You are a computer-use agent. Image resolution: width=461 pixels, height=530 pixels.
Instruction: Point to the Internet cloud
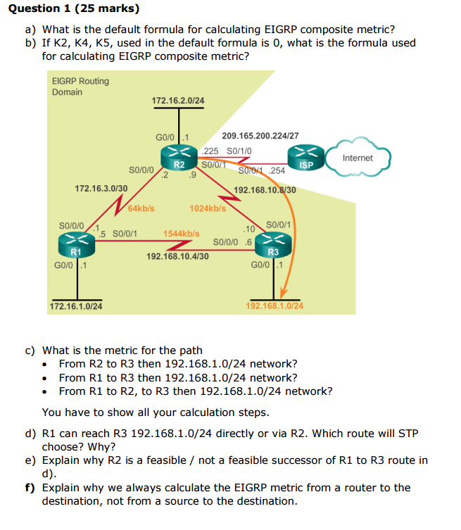(357, 158)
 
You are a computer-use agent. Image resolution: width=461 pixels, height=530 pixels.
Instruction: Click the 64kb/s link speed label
(141, 208)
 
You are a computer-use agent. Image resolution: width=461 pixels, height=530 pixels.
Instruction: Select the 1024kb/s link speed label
(208, 208)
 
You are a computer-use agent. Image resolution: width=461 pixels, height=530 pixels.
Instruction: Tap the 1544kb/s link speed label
(181, 232)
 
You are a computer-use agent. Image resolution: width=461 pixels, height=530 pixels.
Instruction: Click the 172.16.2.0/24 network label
(178, 101)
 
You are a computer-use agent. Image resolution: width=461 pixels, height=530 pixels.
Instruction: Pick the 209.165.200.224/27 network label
(260, 136)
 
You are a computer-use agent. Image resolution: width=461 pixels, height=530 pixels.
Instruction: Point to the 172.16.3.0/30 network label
(101, 189)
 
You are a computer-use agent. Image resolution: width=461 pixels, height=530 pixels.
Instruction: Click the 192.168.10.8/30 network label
(265, 190)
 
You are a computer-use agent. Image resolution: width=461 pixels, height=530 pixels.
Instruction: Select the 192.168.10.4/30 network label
(177, 257)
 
